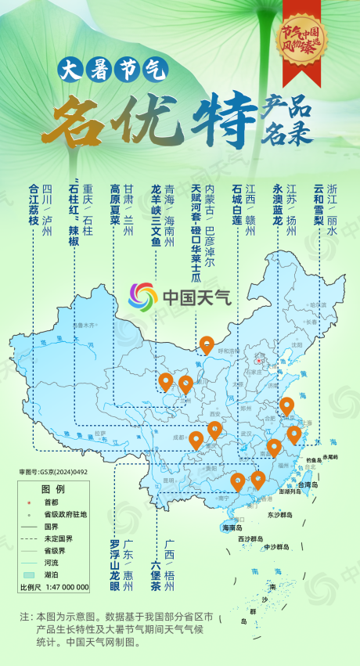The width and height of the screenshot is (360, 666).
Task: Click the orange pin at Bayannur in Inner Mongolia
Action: point(207,344)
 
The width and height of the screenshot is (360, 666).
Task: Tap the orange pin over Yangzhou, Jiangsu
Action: point(286,405)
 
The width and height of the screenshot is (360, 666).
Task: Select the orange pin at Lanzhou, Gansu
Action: point(185,383)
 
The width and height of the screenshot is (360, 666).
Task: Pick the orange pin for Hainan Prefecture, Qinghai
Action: point(165,380)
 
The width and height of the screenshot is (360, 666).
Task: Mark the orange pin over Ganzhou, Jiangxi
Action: point(273,447)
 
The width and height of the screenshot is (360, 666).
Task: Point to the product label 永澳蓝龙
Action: point(277,204)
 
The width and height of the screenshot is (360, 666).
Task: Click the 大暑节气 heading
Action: point(113,71)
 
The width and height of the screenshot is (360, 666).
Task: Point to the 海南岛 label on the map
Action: point(232,527)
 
